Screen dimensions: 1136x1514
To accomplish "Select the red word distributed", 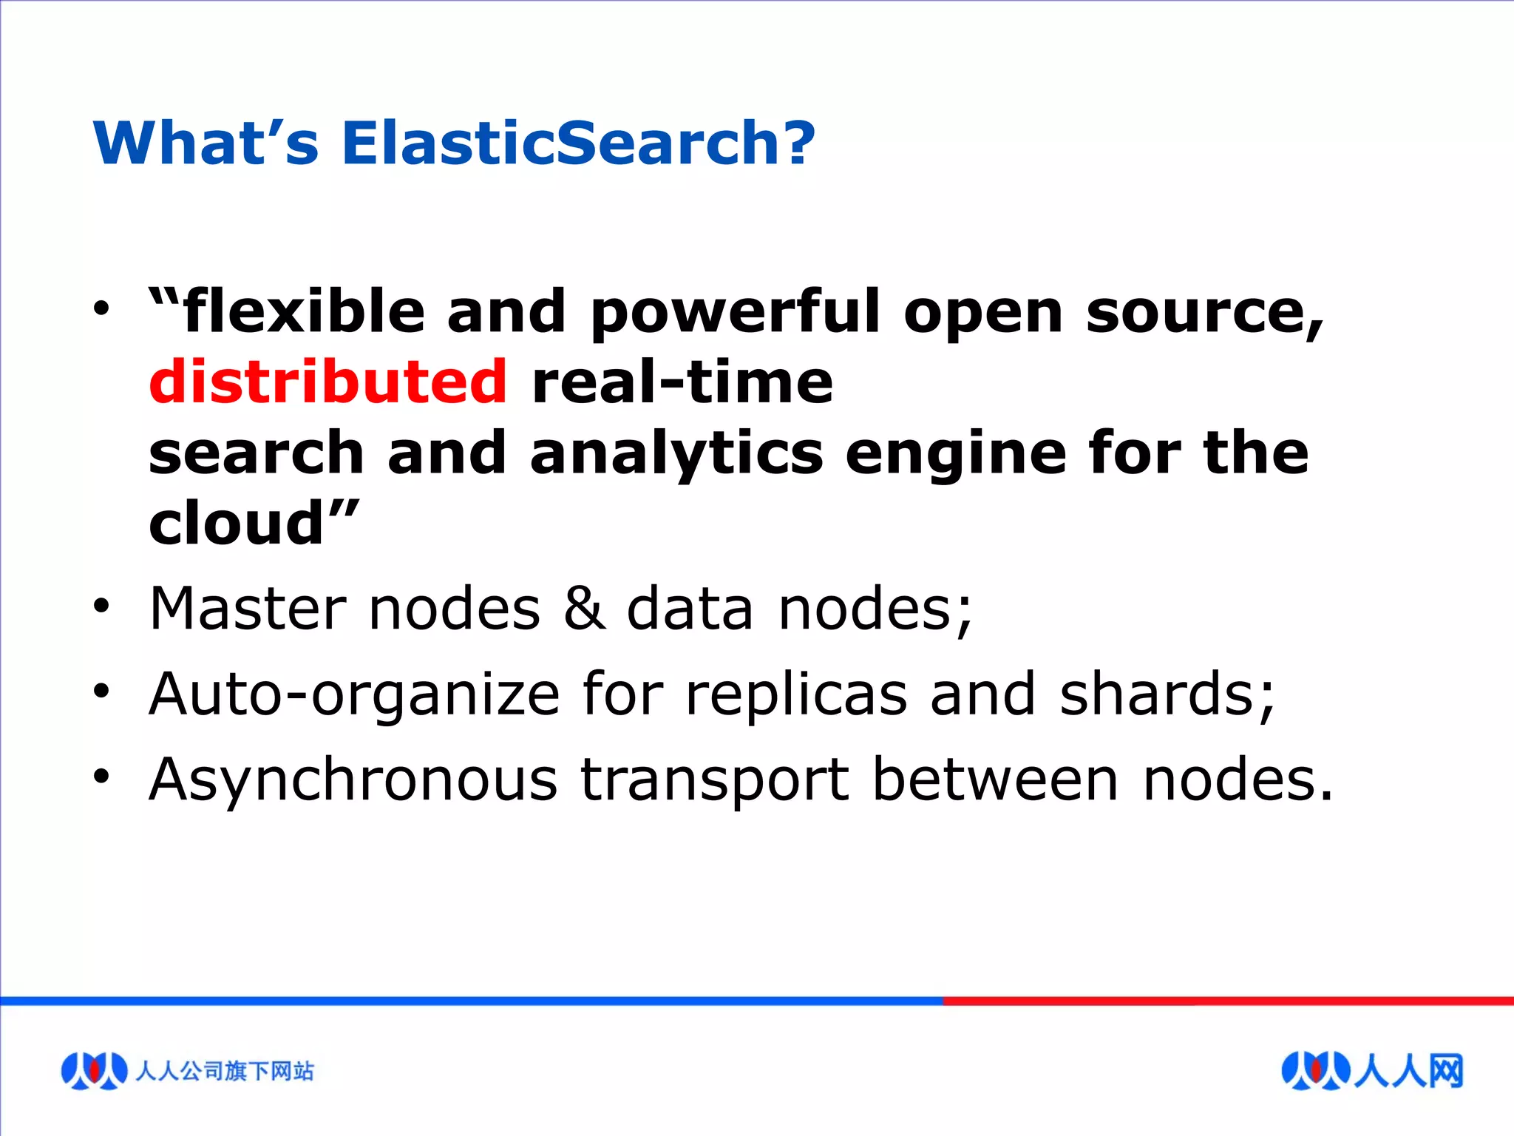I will [x=328, y=382].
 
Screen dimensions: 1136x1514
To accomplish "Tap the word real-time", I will [x=682, y=382].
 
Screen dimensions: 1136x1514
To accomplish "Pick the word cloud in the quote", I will [x=237, y=524].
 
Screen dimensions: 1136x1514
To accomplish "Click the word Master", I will [x=248, y=609].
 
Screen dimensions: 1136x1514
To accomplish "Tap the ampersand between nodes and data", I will [x=584, y=609].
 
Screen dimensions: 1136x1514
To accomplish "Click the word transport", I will [x=715, y=781].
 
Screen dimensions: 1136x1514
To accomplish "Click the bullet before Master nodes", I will [x=101, y=608].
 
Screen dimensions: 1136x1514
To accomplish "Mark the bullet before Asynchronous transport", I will [x=101, y=777].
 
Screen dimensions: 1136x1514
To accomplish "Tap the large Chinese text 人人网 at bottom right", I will [x=1408, y=1070].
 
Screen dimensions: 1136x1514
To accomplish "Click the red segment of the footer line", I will [x=1227, y=1001].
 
